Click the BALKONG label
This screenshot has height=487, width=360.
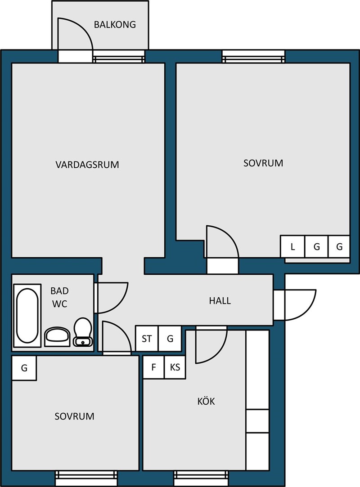click(x=115, y=25)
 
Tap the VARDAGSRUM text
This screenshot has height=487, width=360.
click(x=87, y=164)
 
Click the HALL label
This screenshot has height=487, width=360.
click(x=220, y=301)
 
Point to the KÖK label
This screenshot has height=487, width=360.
click(x=206, y=401)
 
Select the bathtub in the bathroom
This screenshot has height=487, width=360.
click(x=27, y=315)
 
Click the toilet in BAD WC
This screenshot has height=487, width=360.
click(x=83, y=332)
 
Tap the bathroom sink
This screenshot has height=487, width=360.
click(x=58, y=336)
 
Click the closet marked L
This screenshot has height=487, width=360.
click(x=292, y=246)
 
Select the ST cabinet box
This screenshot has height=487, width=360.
click(x=147, y=338)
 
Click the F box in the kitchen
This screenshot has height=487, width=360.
click(x=153, y=367)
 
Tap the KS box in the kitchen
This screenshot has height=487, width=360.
click(x=175, y=367)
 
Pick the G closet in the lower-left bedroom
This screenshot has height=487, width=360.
click(x=24, y=368)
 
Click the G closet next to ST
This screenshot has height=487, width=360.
click(x=170, y=338)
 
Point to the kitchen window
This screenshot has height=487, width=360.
click(x=202, y=475)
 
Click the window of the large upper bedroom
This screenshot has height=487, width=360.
click(x=253, y=56)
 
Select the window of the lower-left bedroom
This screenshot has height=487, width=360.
click(x=86, y=475)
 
